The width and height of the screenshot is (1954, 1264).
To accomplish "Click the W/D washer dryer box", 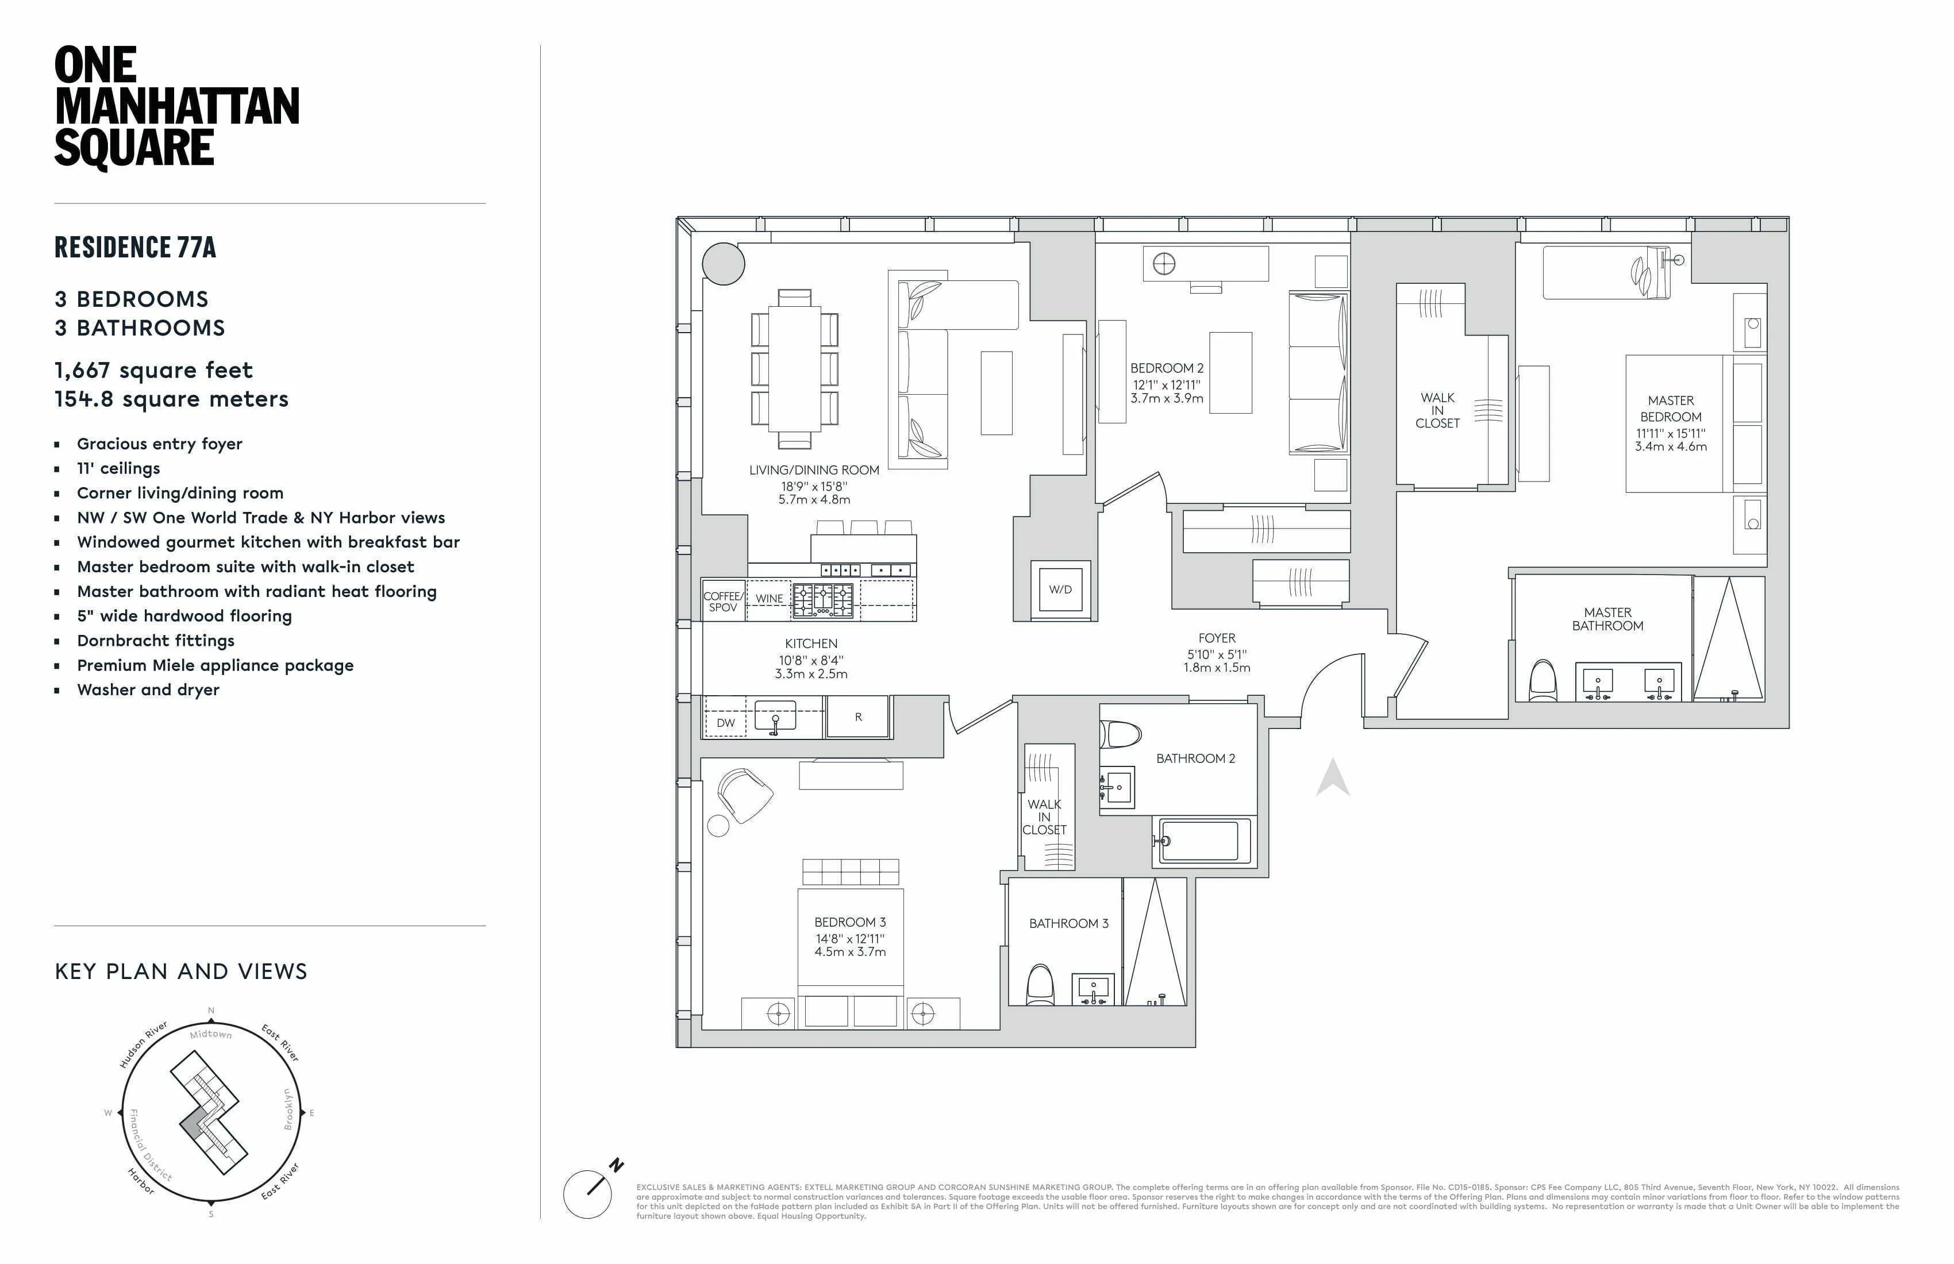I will pyautogui.click(x=1060, y=589).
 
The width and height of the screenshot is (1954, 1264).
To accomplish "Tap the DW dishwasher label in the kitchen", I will pyautogui.click(x=726, y=723).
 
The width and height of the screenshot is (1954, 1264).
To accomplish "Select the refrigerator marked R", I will pyautogui.click(x=858, y=716).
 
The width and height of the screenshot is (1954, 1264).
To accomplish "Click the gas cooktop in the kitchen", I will pyautogui.click(x=822, y=600).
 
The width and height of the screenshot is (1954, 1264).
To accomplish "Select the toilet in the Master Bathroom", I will pyautogui.click(x=1544, y=681).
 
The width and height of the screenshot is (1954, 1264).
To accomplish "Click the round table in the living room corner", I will pyautogui.click(x=724, y=264).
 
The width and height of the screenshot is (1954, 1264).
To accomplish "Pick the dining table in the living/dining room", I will pyautogui.click(x=794, y=368).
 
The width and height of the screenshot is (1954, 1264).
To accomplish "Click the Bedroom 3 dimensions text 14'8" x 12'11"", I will pyautogui.click(x=850, y=938).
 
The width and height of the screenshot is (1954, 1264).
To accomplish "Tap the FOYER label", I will pyautogui.click(x=1217, y=638).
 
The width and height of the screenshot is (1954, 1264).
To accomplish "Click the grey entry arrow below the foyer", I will pyautogui.click(x=1333, y=778).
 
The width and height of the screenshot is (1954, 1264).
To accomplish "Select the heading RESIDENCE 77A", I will pyautogui.click(x=136, y=247).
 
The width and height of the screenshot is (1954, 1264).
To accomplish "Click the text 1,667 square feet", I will pyautogui.click(x=153, y=370).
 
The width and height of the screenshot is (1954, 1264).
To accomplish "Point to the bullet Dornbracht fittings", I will pyautogui.click(x=155, y=640).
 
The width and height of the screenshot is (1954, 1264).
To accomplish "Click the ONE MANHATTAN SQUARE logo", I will pyautogui.click(x=176, y=107).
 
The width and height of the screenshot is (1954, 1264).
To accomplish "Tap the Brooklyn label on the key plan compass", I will pyautogui.click(x=288, y=1109).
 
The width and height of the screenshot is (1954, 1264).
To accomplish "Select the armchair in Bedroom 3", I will pyautogui.click(x=744, y=795).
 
